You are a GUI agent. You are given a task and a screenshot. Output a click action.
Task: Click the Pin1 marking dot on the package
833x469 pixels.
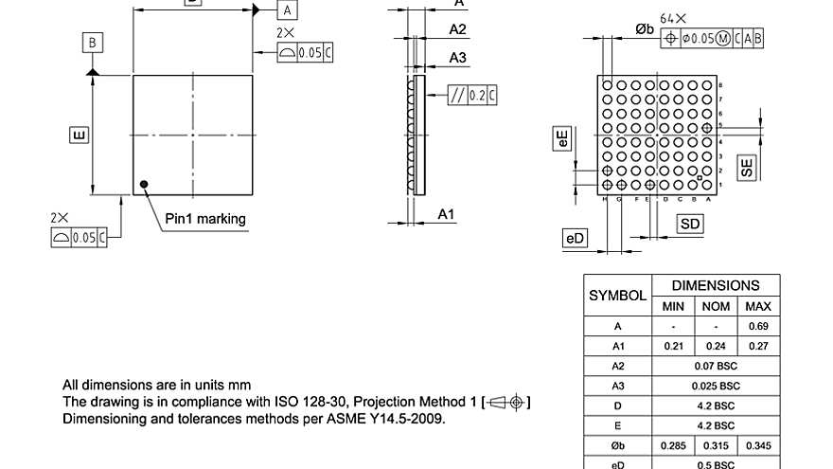tap(144, 185)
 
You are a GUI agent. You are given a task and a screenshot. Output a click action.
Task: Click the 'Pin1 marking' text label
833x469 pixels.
tap(205, 219)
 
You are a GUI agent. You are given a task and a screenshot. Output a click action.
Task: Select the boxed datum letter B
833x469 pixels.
tap(92, 43)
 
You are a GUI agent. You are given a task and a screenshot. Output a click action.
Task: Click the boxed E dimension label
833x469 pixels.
tap(79, 135)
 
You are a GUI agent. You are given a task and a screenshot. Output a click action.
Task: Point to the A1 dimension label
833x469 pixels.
tap(447, 215)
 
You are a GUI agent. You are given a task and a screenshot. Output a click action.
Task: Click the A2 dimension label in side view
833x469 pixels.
tap(457, 29)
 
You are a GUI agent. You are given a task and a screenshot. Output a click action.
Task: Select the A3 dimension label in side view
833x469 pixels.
tap(457, 58)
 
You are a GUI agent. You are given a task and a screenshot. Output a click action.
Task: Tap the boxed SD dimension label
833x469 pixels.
tap(690, 224)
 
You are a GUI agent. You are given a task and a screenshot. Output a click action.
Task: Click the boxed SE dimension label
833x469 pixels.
tap(747, 168)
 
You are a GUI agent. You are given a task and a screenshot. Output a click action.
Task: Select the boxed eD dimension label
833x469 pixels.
tap(575, 239)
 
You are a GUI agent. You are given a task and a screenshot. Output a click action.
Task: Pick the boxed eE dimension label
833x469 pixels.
tap(562, 138)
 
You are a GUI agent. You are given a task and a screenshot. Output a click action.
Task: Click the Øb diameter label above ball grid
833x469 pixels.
tap(644, 29)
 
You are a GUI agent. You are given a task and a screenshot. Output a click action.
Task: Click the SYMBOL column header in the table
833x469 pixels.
tap(617, 296)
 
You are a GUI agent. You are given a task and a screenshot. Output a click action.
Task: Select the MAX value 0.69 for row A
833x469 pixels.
tap(758, 326)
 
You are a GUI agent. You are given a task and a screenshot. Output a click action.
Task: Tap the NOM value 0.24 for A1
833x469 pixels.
tap(716, 346)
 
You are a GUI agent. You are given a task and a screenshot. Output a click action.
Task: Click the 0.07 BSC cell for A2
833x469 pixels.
tap(716, 366)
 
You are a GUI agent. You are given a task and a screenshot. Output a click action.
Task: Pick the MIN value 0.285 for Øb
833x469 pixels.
tap(673, 445)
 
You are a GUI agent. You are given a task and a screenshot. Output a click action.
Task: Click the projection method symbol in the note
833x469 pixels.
tap(507, 403)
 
